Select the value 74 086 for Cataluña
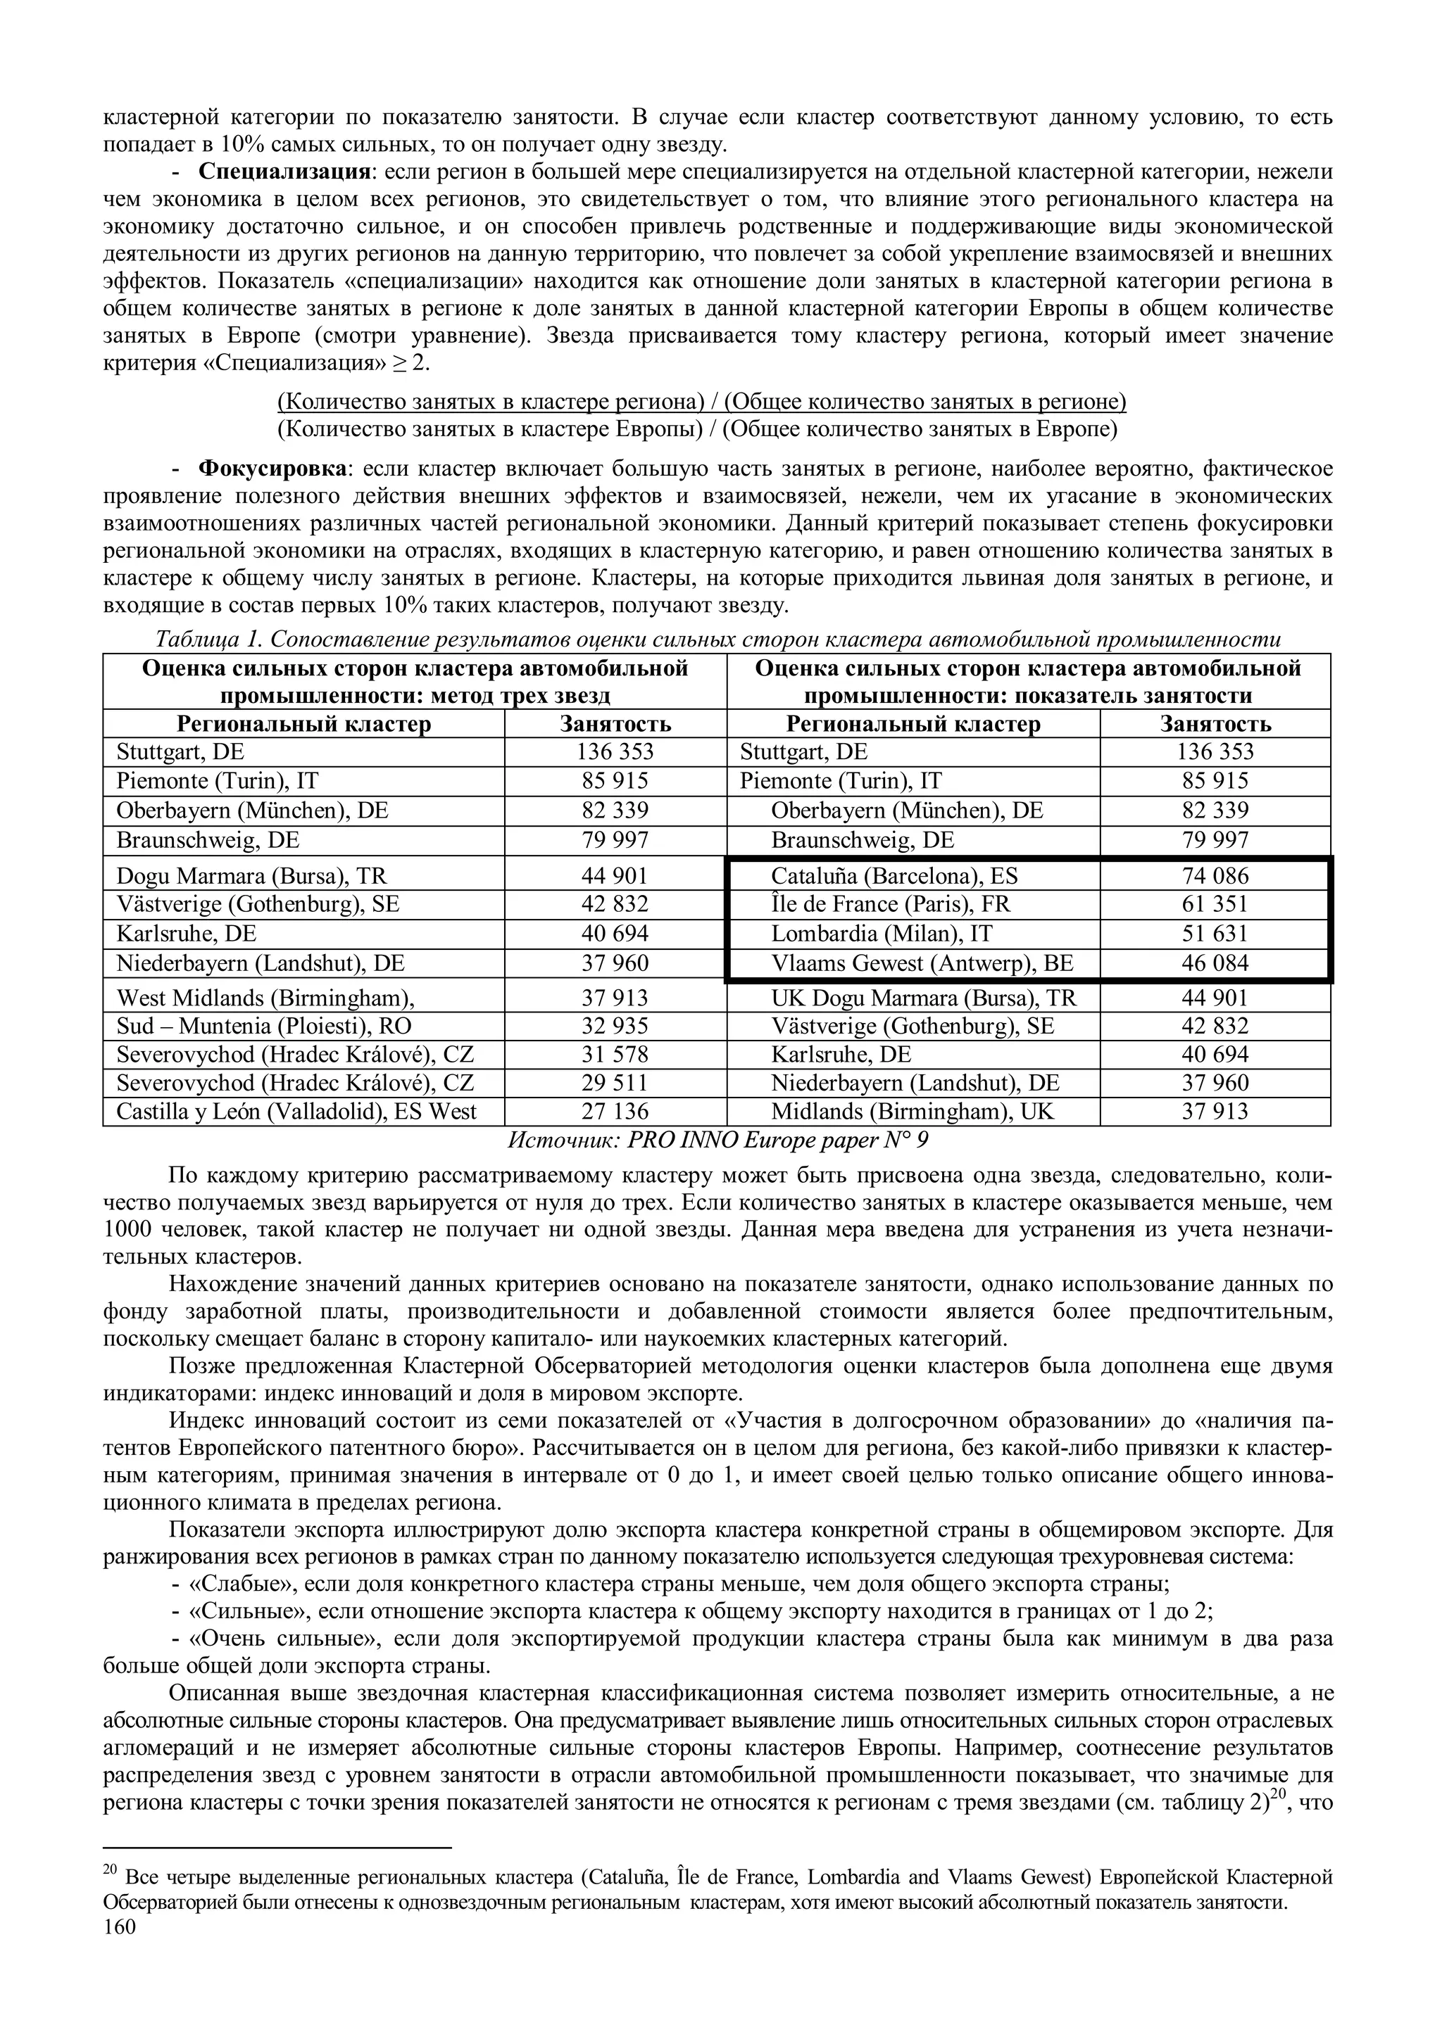(x=1215, y=876)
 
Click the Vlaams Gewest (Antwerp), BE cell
(x=922, y=963)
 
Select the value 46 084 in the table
(x=1215, y=963)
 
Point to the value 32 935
(x=615, y=1026)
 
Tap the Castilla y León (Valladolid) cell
(x=296, y=1111)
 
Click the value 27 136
(x=615, y=1111)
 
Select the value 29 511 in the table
(x=615, y=1083)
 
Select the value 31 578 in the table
(x=615, y=1054)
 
